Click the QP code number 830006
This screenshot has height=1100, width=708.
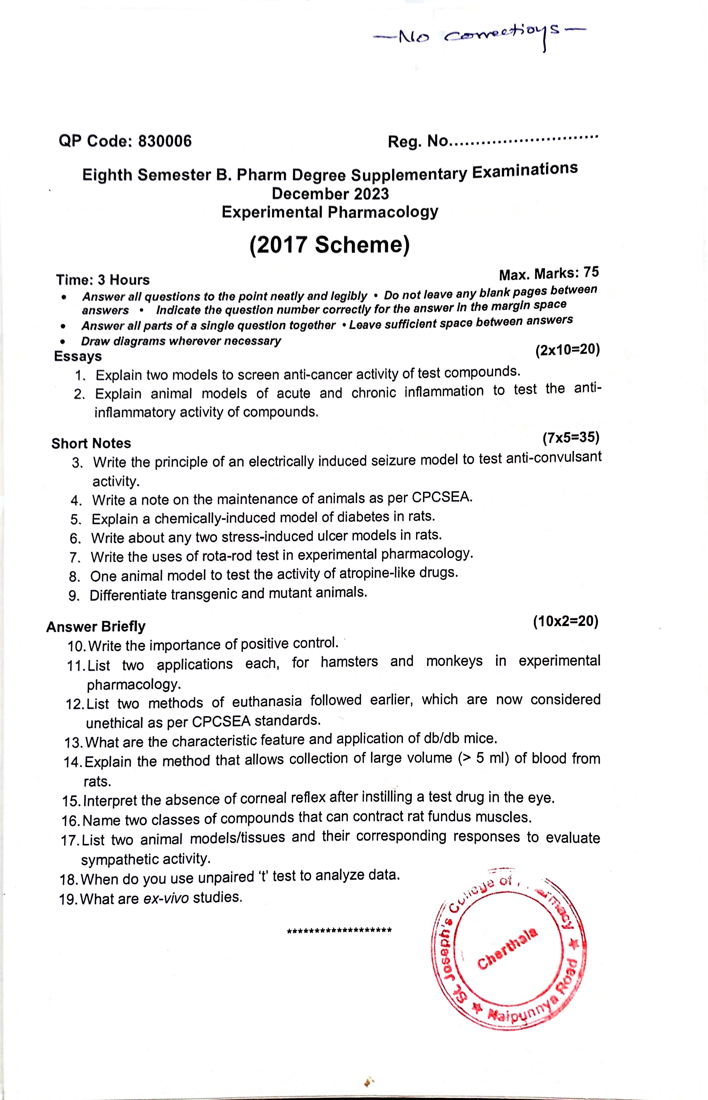click(x=165, y=141)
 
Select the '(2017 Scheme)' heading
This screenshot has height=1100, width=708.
click(x=329, y=245)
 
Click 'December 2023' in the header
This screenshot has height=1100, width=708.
click(x=330, y=194)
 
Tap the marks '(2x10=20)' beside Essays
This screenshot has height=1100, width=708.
click(x=567, y=350)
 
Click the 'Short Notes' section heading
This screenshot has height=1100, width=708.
click(x=91, y=443)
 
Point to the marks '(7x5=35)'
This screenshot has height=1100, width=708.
click(x=571, y=438)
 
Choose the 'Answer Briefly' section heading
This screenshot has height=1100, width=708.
click(x=96, y=627)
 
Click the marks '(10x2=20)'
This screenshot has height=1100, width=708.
click(x=565, y=622)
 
